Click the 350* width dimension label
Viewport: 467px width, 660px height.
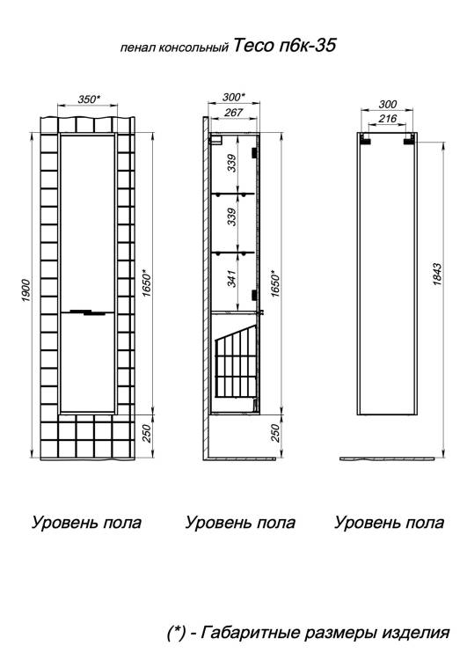point(89,99)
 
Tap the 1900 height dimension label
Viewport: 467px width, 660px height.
point(26,290)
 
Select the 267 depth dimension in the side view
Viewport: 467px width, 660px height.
point(234,113)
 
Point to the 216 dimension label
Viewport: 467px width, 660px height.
point(387,119)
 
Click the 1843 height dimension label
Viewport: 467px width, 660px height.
point(437,275)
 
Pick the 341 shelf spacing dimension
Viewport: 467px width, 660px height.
point(232,279)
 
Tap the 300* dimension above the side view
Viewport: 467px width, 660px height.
point(234,97)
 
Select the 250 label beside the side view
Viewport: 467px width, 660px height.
point(274,433)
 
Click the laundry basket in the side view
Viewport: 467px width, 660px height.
point(236,361)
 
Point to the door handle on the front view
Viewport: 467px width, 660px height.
point(89,312)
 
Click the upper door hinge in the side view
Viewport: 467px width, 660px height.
point(254,152)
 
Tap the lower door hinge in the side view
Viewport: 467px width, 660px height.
point(254,295)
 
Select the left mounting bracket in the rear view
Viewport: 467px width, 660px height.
point(366,140)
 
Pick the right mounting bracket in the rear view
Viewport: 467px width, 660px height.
point(409,140)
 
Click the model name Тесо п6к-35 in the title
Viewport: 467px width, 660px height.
point(284,45)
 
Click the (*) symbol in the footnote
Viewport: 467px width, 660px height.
point(176,633)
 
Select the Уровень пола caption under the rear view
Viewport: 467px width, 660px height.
point(389,523)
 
